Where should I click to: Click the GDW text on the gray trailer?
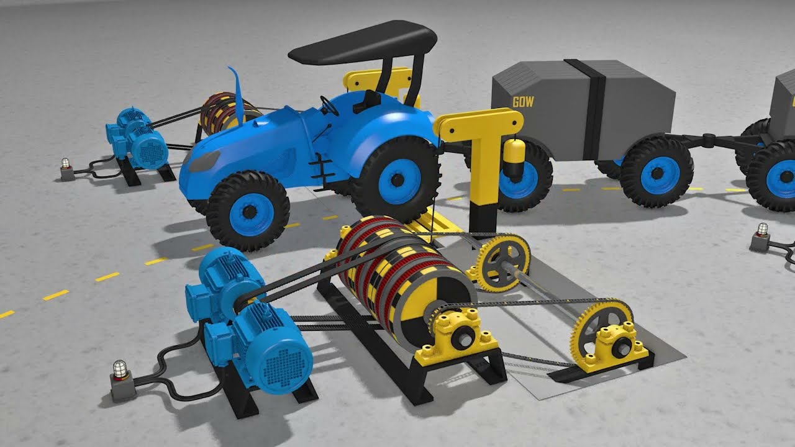(523, 102)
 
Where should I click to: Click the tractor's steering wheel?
(329, 106)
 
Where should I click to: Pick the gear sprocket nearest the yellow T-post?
(503, 263)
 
